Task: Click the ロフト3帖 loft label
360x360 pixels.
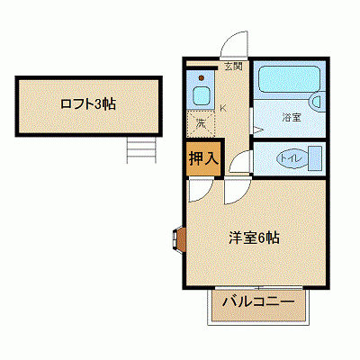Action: (87, 103)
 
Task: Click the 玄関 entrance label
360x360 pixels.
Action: (233, 64)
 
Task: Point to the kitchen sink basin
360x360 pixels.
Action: (201, 96)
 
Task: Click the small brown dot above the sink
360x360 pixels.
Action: (201, 77)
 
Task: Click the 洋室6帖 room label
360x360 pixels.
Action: (253, 238)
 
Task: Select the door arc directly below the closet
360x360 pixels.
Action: (200, 186)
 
